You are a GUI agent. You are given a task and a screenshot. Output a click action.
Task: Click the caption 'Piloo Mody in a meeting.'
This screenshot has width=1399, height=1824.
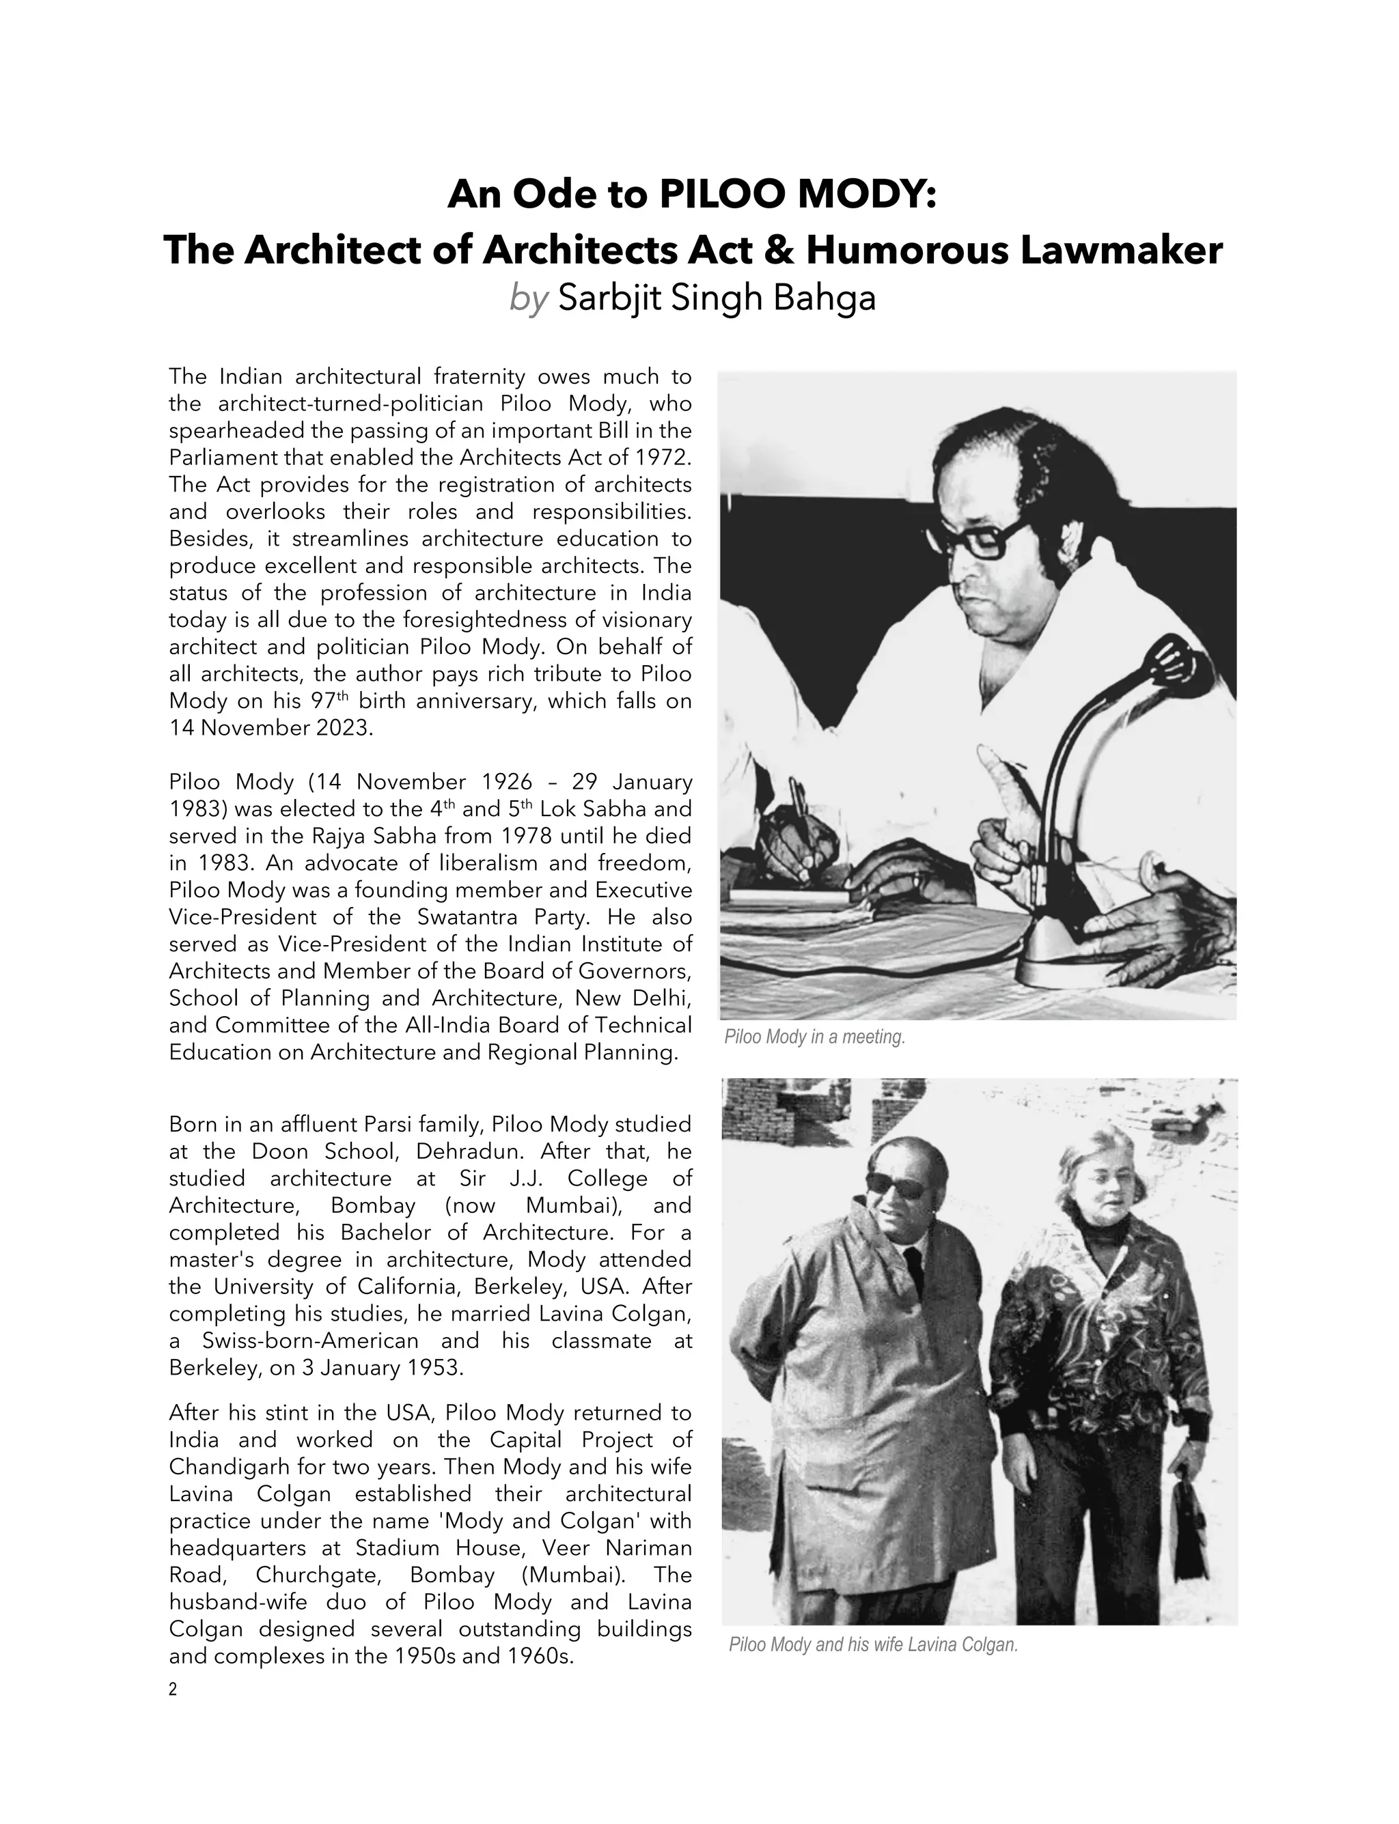pos(814,1037)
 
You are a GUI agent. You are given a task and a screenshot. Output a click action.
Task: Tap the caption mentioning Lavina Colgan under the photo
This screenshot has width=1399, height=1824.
pos(873,1645)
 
